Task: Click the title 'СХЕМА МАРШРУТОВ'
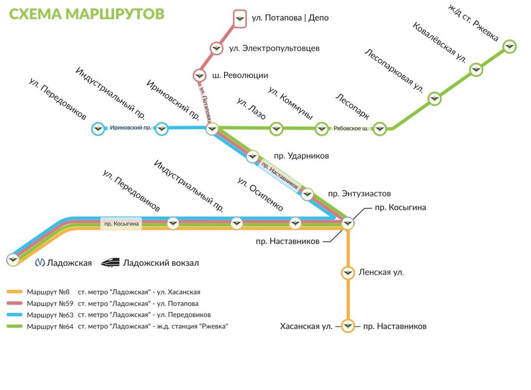coord(87,14)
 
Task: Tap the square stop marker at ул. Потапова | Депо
coord(239,18)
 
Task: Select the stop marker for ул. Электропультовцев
coord(216,48)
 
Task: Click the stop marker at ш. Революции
coord(200,76)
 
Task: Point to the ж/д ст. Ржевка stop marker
coord(510,46)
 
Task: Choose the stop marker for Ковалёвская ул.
coord(476,70)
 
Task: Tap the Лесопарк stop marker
coord(379,129)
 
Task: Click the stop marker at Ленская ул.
coord(348,273)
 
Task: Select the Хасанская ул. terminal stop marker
coord(348,326)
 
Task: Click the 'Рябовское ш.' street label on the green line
coord(351,129)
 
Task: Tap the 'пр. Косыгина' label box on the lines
coord(122,223)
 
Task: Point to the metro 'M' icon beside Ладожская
coord(40,263)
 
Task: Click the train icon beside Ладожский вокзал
coord(110,262)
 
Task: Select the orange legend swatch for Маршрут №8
coord(15,292)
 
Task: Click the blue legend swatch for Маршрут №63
coord(15,315)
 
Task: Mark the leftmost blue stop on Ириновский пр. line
coord(98,128)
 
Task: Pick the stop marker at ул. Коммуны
coord(322,128)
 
